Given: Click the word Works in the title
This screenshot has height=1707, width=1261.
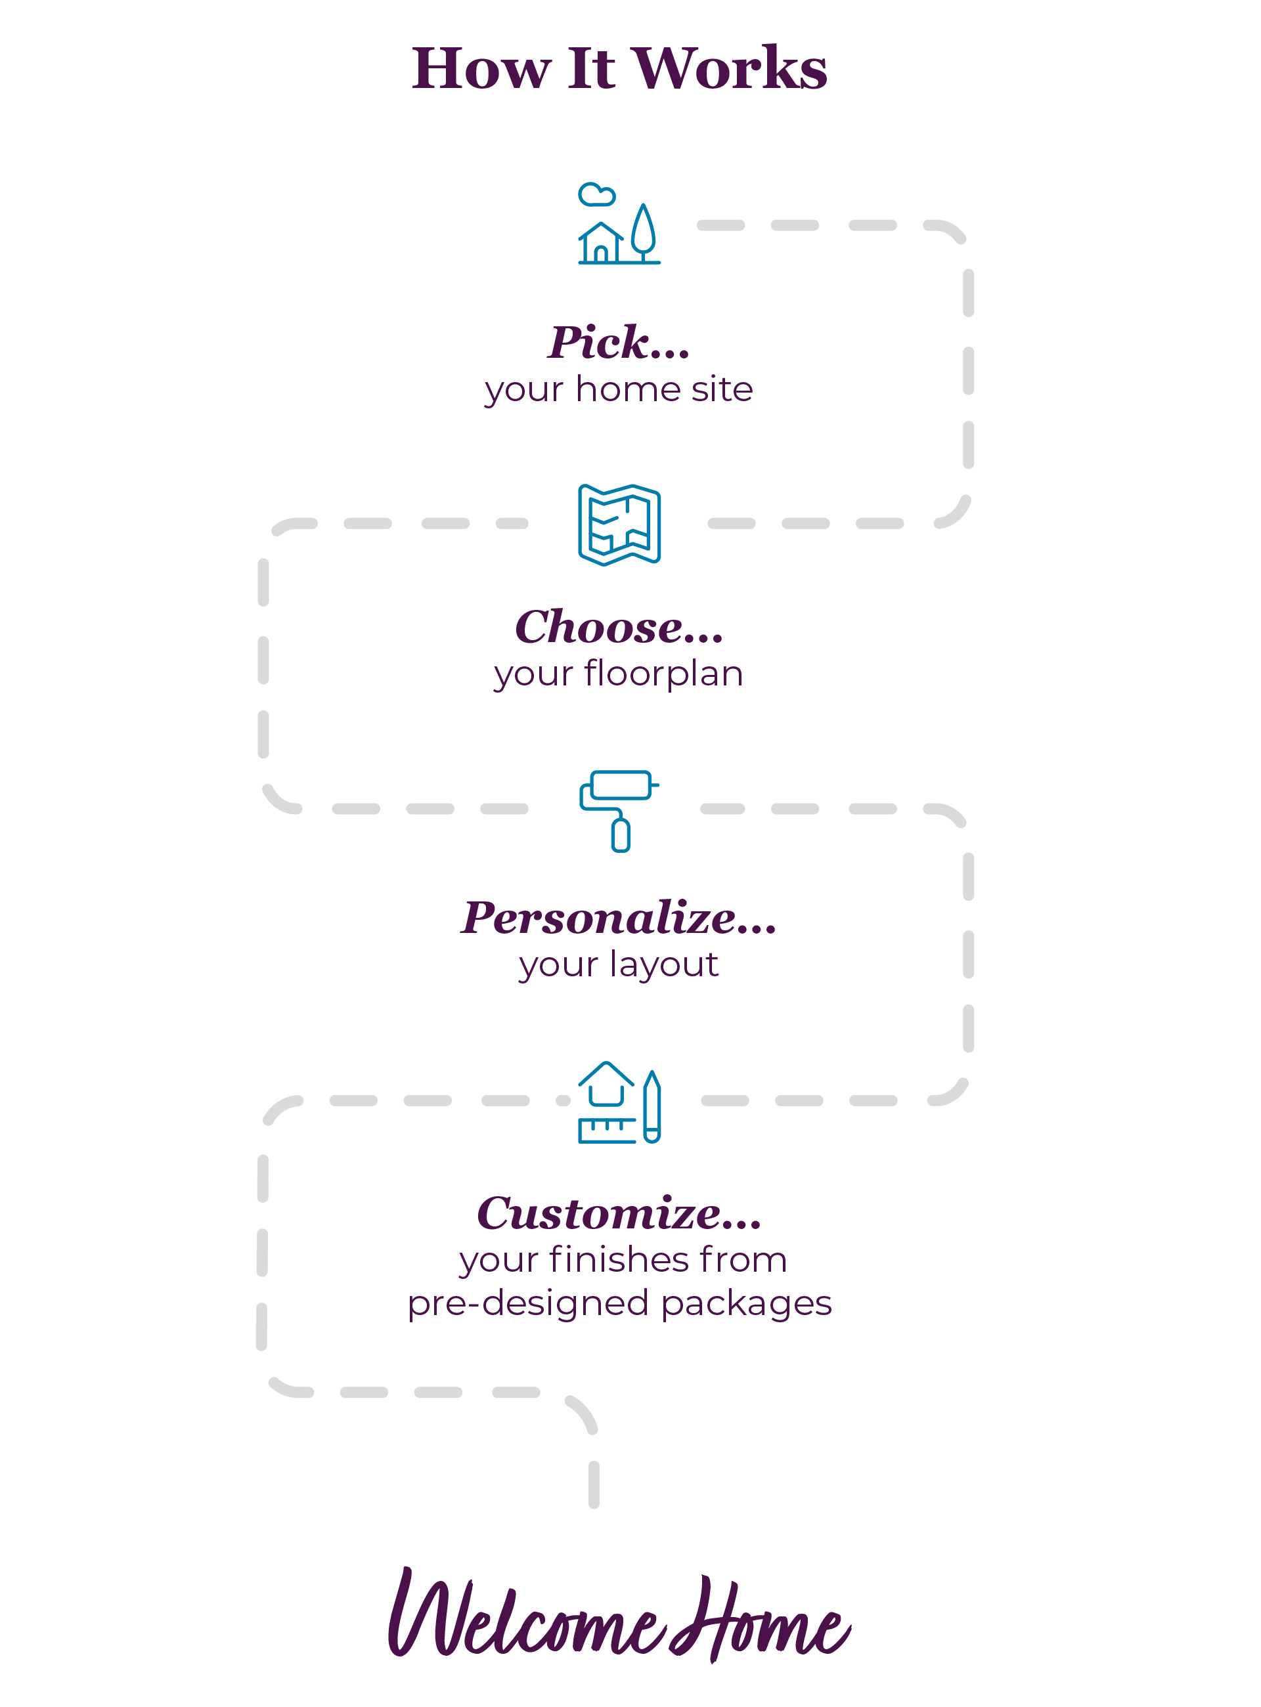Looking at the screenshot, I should [730, 69].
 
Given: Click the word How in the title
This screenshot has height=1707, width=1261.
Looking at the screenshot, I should [480, 69].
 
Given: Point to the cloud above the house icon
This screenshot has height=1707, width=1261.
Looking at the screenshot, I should [596, 194].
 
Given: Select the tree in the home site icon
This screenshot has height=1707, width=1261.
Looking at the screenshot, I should [644, 231].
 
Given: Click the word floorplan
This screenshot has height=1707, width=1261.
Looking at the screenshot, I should [663, 674].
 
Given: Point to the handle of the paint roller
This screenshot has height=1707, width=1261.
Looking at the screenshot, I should [621, 835].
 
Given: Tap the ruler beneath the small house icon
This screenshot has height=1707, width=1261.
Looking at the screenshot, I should [607, 1130].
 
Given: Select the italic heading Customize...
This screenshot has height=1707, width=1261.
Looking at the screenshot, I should [618, 1213].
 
